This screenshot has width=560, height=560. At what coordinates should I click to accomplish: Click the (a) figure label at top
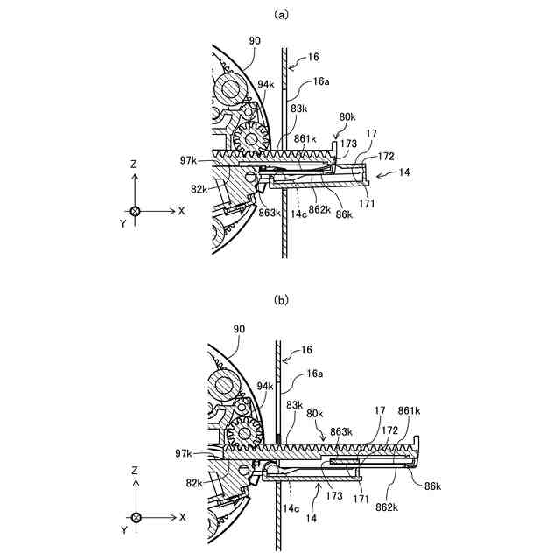[280, 13]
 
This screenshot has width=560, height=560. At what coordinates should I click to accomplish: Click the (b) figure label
[280, 300]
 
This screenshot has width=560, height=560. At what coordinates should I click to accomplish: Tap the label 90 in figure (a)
[254, 40]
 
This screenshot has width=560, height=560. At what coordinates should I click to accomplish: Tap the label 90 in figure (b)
[239, 328]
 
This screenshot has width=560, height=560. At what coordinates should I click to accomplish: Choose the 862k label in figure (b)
[386, 506]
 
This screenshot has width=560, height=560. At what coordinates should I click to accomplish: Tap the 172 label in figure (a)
[386, 157]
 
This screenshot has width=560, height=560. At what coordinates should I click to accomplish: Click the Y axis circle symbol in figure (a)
[136, 211]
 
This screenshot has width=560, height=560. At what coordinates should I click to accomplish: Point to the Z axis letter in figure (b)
[136, 471]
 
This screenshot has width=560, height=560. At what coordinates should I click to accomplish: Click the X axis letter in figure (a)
[181, 211]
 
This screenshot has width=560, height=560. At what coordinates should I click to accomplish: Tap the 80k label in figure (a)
[347, 117]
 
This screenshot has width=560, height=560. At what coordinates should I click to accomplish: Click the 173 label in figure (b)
[332, 497]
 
